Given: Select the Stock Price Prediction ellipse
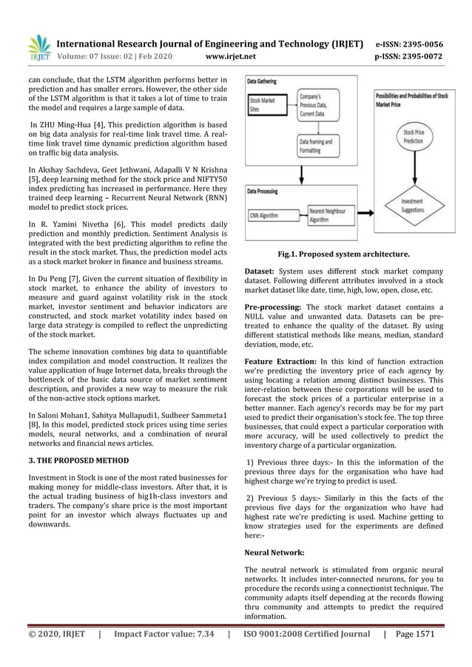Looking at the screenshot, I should pyautogui.click(x=419, y=136).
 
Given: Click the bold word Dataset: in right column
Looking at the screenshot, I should pyautogui.click(x=260, y=272).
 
